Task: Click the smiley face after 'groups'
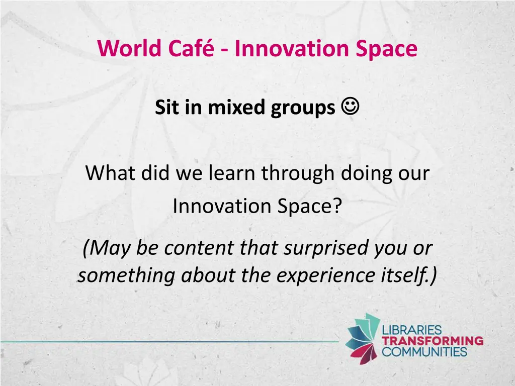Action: (x=350, y=107)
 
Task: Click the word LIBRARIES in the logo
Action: (x=412, y=331)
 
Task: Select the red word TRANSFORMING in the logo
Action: (x=433, y=341)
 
